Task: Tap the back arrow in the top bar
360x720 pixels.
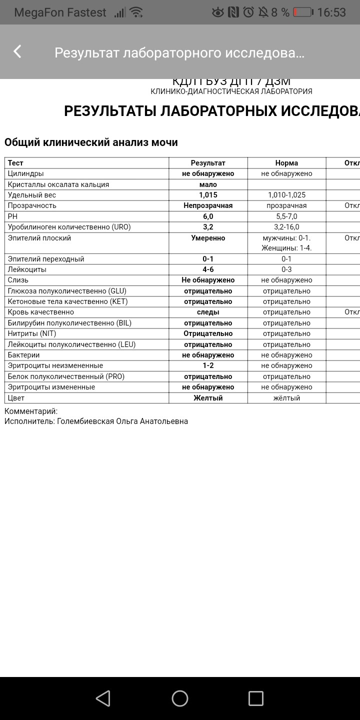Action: click(17, 51)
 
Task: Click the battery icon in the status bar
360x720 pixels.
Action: click(303, 12)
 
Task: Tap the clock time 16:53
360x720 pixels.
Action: click(331, 12)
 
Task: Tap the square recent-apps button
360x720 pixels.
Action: click(255, 698)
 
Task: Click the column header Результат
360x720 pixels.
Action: click(208, 163)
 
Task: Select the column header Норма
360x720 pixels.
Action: click(286, 163)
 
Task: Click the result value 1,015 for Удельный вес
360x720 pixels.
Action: click(208, 195)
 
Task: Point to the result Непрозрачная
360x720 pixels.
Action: click(208, 205)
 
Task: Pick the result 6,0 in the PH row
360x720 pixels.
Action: click(208, 216)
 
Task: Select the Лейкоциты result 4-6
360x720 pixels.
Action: click(208, 269)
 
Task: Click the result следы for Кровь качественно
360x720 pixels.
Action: click(208, 312)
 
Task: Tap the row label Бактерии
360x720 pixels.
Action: click(23, 355)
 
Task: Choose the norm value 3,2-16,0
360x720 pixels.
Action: click(286, 227)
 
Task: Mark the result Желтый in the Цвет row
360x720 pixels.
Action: click(208, 398)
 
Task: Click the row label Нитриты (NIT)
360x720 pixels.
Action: click(32, 333)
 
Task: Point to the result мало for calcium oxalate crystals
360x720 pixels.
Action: click(208, 184)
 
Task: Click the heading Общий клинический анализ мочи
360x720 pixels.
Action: click(91, 142)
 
